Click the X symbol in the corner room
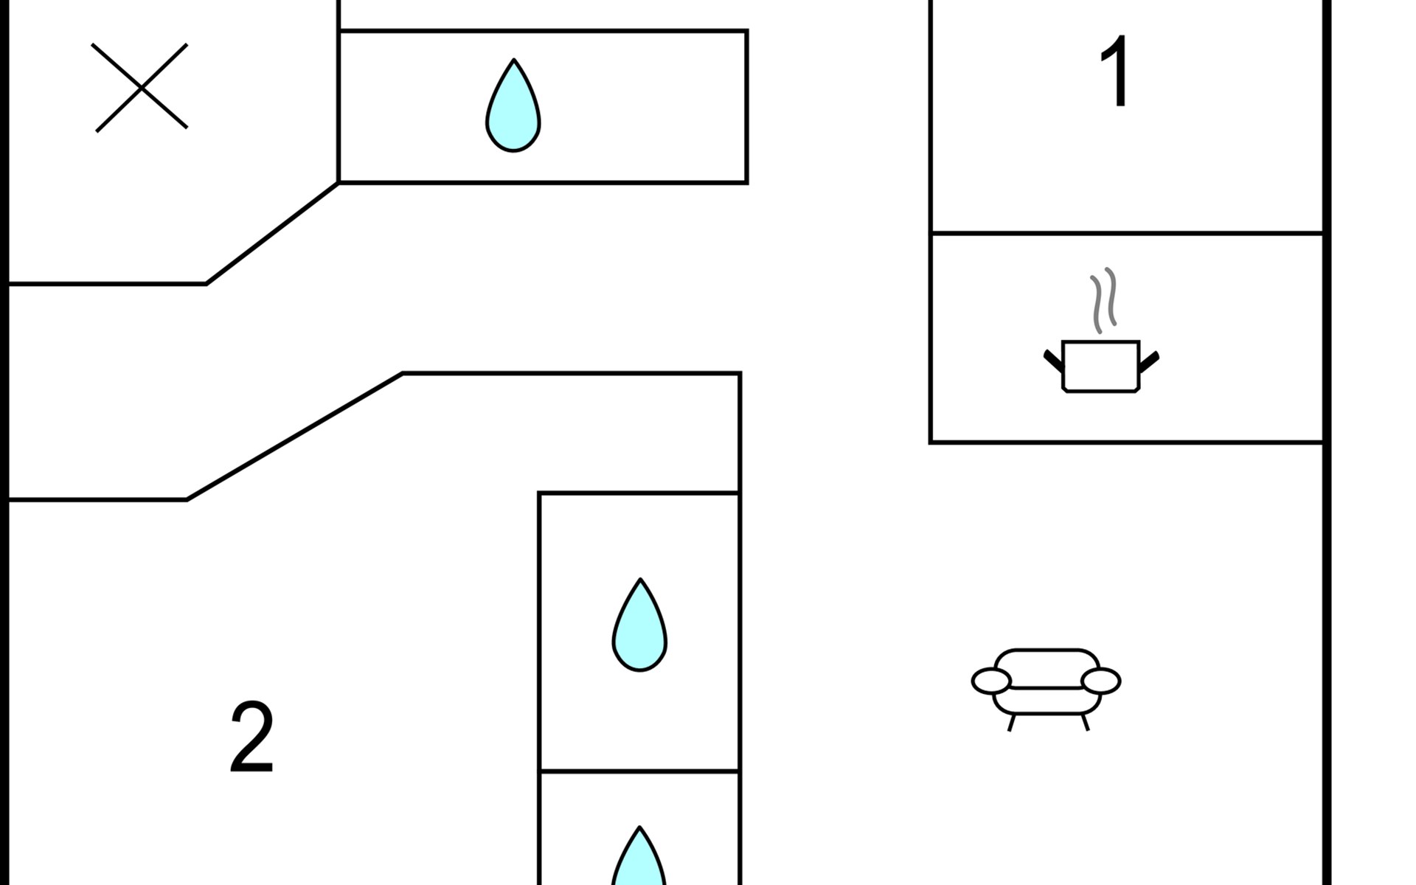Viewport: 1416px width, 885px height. [140, 88]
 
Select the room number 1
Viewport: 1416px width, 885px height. [1114, 71]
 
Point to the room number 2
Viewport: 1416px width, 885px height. [251, 737]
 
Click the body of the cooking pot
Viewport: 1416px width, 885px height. [1100, 366]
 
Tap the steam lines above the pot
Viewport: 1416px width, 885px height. [1103, 300]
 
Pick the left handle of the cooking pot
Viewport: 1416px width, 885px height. [1053, 361]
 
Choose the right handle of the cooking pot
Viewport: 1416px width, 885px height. [1150, 361]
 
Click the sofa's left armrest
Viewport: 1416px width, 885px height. [991, 681]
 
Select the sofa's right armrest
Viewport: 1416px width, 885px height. [1100, 681]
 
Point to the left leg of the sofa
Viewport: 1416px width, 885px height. [1011, 722]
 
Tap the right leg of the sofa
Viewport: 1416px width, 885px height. [1085, 722]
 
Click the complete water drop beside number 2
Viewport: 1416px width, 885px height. [639, 625]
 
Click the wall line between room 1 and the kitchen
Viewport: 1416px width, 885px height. [1128, 233]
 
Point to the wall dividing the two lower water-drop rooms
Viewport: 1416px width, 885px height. [639, 771]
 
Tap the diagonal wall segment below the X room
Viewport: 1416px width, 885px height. [272, 233]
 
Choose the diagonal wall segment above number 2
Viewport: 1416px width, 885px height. [294, 437]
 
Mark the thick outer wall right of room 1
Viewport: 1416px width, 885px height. [1326, 118]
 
